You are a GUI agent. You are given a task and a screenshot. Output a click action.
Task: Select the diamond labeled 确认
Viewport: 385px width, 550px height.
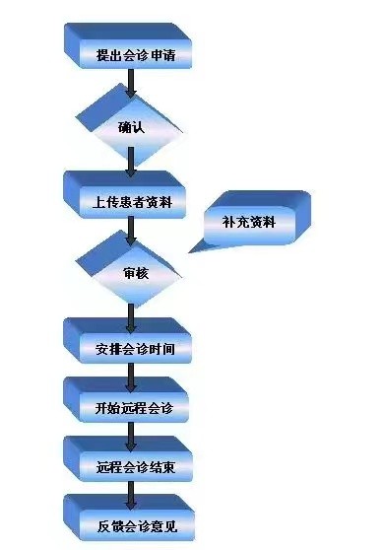coord(130,127)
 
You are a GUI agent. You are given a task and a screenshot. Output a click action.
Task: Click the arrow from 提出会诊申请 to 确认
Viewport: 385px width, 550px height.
coord(130,88)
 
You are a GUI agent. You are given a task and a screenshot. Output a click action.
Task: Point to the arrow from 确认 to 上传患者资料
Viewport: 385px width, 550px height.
coord(130,165)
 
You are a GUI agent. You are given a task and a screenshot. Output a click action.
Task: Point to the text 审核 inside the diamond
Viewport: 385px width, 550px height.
coord(136,273)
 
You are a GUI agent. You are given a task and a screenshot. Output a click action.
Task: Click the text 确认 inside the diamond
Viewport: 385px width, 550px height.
coord(132,127)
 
